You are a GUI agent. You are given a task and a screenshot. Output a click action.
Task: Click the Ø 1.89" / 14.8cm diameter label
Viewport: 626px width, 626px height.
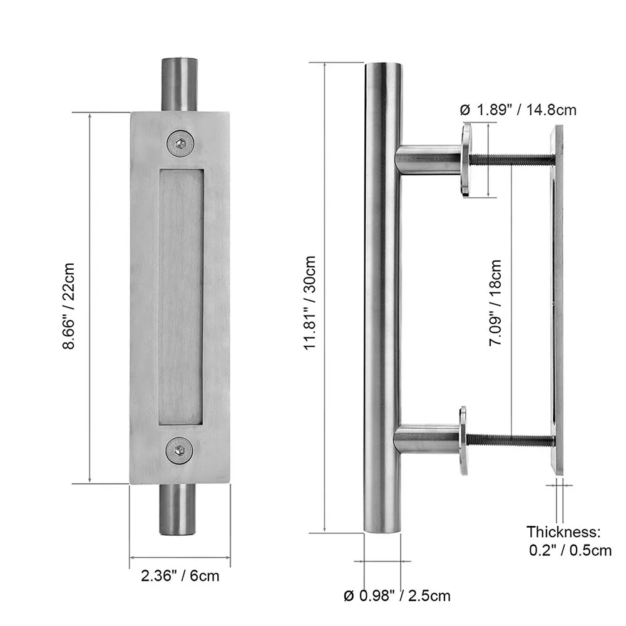point(517,110)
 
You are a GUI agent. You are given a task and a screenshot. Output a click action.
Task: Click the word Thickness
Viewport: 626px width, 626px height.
point(563,532)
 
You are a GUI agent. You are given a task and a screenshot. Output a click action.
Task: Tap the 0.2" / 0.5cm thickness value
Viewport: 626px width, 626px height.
point(569,551)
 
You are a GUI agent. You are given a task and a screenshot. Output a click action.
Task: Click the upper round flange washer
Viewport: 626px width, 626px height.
point(466,160)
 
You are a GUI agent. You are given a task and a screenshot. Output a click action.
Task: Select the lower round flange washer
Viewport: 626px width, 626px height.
point(463,441)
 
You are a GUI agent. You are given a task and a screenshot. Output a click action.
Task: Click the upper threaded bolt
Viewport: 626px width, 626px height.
point(510,160)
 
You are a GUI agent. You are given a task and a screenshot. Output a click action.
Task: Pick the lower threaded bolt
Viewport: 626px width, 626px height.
point(510,441)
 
